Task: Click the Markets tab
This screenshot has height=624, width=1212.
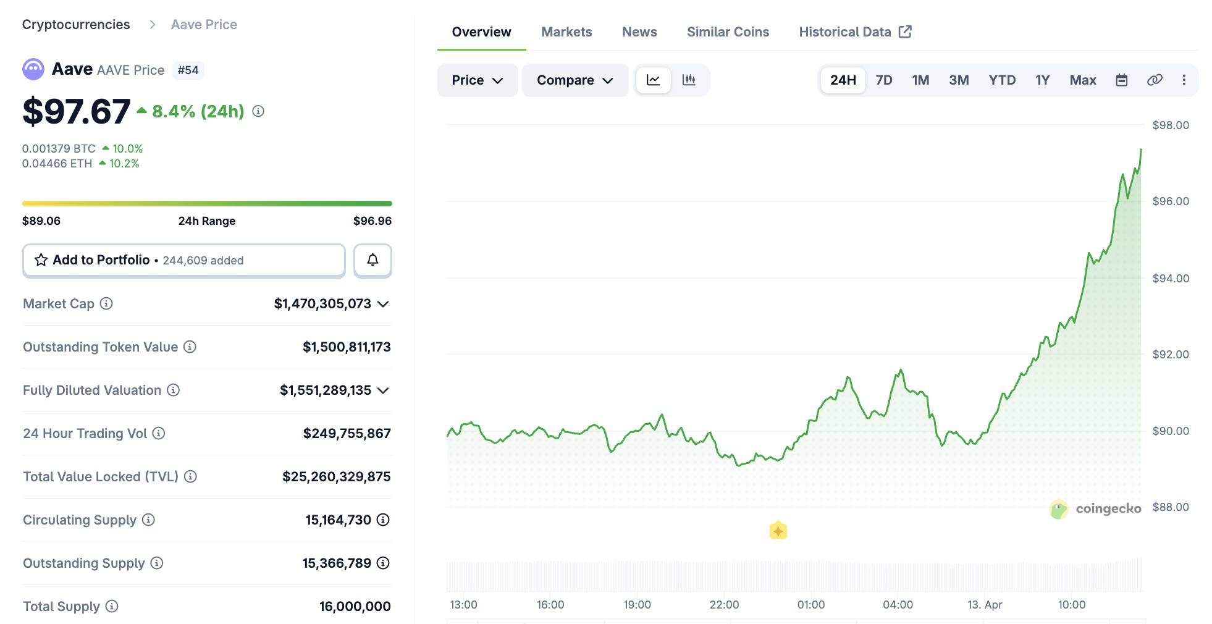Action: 566,32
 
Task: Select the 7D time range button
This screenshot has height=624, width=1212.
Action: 883,80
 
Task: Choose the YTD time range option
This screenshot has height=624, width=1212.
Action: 1001,80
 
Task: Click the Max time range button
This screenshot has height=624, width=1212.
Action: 1082,80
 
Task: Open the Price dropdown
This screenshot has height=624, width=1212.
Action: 477,80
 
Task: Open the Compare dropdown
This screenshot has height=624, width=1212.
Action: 574,80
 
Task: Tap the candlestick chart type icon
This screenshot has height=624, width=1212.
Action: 689,80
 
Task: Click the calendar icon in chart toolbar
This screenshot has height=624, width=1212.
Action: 1121,80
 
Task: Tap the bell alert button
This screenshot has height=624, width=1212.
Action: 372,260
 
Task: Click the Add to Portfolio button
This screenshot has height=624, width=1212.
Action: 183,260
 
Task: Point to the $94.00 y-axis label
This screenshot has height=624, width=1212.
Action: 1170,278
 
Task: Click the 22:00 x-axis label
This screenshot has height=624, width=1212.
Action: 723,604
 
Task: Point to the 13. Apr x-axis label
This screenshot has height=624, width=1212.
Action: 984,604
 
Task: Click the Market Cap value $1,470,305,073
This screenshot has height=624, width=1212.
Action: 322,303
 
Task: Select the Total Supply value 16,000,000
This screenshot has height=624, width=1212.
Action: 355,606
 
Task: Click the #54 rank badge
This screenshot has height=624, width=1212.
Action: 188,70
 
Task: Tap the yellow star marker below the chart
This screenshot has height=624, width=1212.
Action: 778,530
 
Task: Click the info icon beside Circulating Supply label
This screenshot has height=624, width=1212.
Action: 148,520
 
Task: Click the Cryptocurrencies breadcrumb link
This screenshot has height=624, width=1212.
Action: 76,25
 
